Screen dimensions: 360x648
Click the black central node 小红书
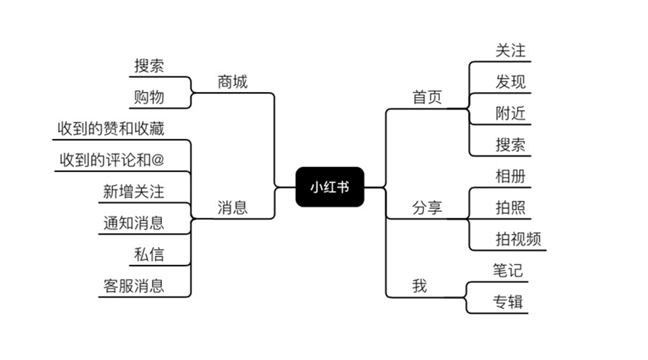pos(330,186)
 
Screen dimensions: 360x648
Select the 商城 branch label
pos(232,82)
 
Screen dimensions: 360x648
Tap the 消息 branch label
pos(232,208)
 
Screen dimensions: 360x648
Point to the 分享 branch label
pos(427,208)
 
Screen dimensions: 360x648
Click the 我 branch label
pos(419,286)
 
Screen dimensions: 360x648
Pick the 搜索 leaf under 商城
pos(149,66)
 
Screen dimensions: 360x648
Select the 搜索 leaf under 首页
pos(510,145)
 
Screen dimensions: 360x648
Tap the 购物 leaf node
pos(149,97)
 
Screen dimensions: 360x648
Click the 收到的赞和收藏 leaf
pos(111,128)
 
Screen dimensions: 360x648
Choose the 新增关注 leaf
pos(133,192)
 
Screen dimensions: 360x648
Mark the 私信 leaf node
pos(149,253)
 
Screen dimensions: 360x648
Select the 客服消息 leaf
pos(133,285)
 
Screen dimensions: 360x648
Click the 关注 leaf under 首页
pos(510,50)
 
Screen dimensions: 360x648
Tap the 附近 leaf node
pos(510,113)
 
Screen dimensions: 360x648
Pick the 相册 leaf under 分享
pos(510,176)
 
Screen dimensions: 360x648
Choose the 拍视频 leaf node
pos(518,239)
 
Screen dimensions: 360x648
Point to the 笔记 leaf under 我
pos(508,270)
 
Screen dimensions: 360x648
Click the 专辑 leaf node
pos(508,302)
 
